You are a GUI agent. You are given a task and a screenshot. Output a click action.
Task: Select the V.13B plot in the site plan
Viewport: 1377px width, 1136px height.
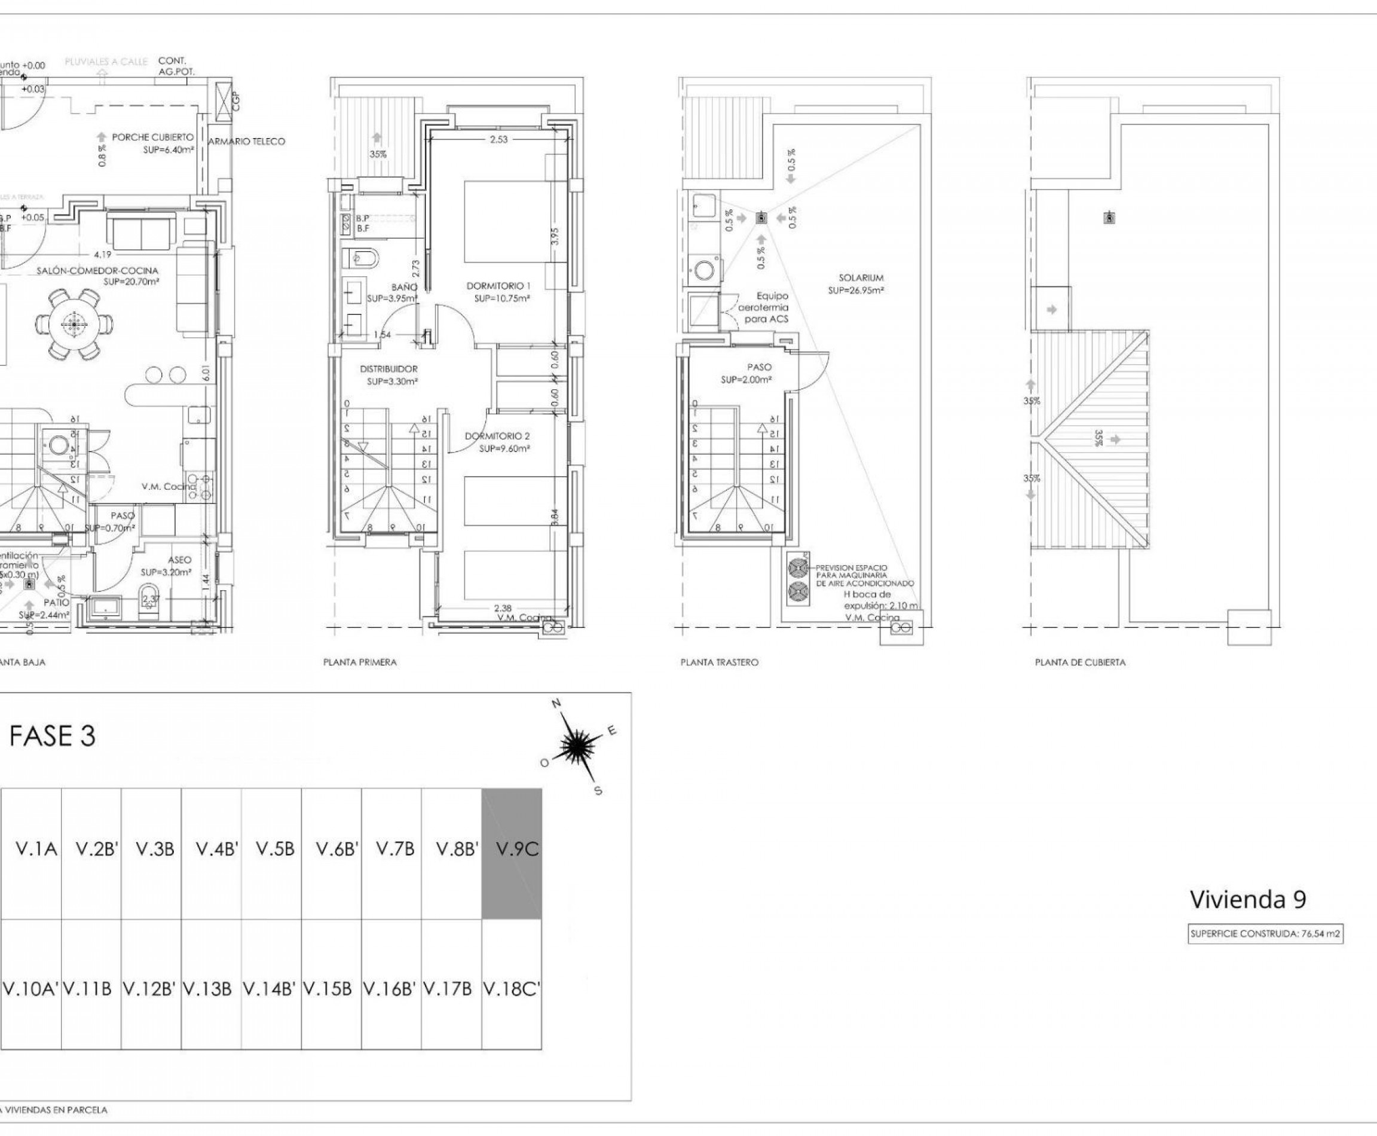[207, 990]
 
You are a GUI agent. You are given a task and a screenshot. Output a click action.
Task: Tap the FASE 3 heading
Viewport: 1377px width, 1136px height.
[53, 736]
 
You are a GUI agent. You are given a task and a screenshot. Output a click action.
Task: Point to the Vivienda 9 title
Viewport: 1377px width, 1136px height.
[1247, 899]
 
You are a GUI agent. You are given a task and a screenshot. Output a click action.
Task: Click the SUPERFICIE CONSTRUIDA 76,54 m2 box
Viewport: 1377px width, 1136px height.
[1265, 935]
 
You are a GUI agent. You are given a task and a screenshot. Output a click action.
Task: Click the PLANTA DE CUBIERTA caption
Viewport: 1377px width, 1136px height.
[1080, 662]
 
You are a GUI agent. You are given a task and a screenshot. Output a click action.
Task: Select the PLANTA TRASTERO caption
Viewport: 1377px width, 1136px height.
[719, 662]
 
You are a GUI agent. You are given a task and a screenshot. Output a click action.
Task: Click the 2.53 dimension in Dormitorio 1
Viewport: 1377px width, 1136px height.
[498, 139]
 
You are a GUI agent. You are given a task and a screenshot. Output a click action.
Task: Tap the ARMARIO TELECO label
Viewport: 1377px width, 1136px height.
[247, 141]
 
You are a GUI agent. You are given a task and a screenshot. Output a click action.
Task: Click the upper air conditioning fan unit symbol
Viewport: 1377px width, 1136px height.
[798, 567]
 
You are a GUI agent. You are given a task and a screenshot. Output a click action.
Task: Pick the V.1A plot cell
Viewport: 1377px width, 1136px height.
[36, 850]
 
